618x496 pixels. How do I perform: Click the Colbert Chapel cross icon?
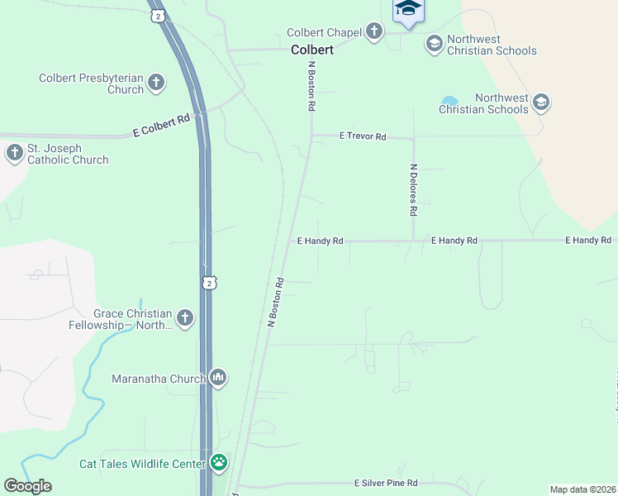tap(374, 32)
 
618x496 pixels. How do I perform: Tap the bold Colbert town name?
tap(312, 50)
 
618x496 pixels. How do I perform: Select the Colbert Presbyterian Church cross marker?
tap(156, 83)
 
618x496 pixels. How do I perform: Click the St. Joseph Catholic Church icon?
tap(14, 153)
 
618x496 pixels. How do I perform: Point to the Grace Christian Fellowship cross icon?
tap(184, 318)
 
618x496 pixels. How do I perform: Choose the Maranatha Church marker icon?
tap(218, 378)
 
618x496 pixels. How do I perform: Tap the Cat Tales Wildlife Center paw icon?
tap(219, 462)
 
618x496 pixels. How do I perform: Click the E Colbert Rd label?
tap(162, 125)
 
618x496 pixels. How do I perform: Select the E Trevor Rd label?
tap(362, 136)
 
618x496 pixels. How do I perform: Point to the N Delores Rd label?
tap(413, 189)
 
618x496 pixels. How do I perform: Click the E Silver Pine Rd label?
tap(386, 483)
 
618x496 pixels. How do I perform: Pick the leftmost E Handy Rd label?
tap(320, 241)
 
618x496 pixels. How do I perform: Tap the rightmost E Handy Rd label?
tap(587, 240)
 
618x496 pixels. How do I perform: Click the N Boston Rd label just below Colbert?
tap(312, 87)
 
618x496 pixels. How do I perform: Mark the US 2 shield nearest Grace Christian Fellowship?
tap(210, 283)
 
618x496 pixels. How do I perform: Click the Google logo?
tap(27, 486)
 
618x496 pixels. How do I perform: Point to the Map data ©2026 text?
tap(582, 489)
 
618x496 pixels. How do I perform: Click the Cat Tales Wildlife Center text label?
tap(142, 465)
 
